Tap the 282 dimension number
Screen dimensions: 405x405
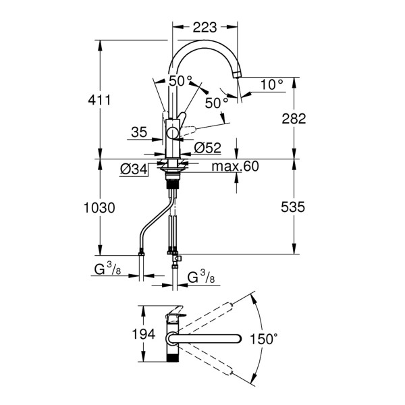pyautogui.click(x=294, y=119)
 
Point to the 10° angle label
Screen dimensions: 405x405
pyautogui.click(x=271, y=84)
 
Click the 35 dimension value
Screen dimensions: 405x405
pyautogui.click(x=139, y=133)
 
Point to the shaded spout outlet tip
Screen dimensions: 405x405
pyautogui.click(x=237, y=72)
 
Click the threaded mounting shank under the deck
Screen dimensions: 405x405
pyautogui.click(x=173, y=179)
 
